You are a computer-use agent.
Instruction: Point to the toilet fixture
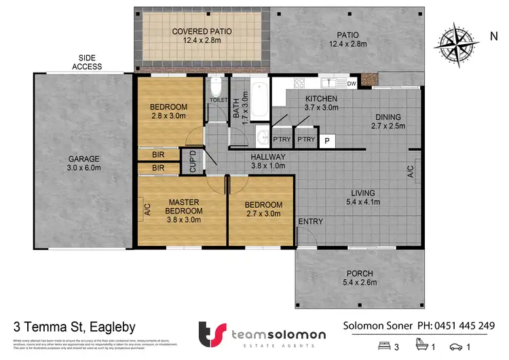coord(216,88)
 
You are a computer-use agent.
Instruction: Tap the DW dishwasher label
coord(352,84)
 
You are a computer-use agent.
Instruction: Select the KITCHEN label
coord(321,103)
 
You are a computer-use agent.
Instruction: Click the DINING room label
coord(388,121)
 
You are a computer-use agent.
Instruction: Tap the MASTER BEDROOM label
coord(181,206)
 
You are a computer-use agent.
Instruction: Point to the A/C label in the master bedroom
coord(147,210)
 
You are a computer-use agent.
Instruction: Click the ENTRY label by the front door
coord(310,221)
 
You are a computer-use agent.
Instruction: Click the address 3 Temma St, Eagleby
coord(75,326)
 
